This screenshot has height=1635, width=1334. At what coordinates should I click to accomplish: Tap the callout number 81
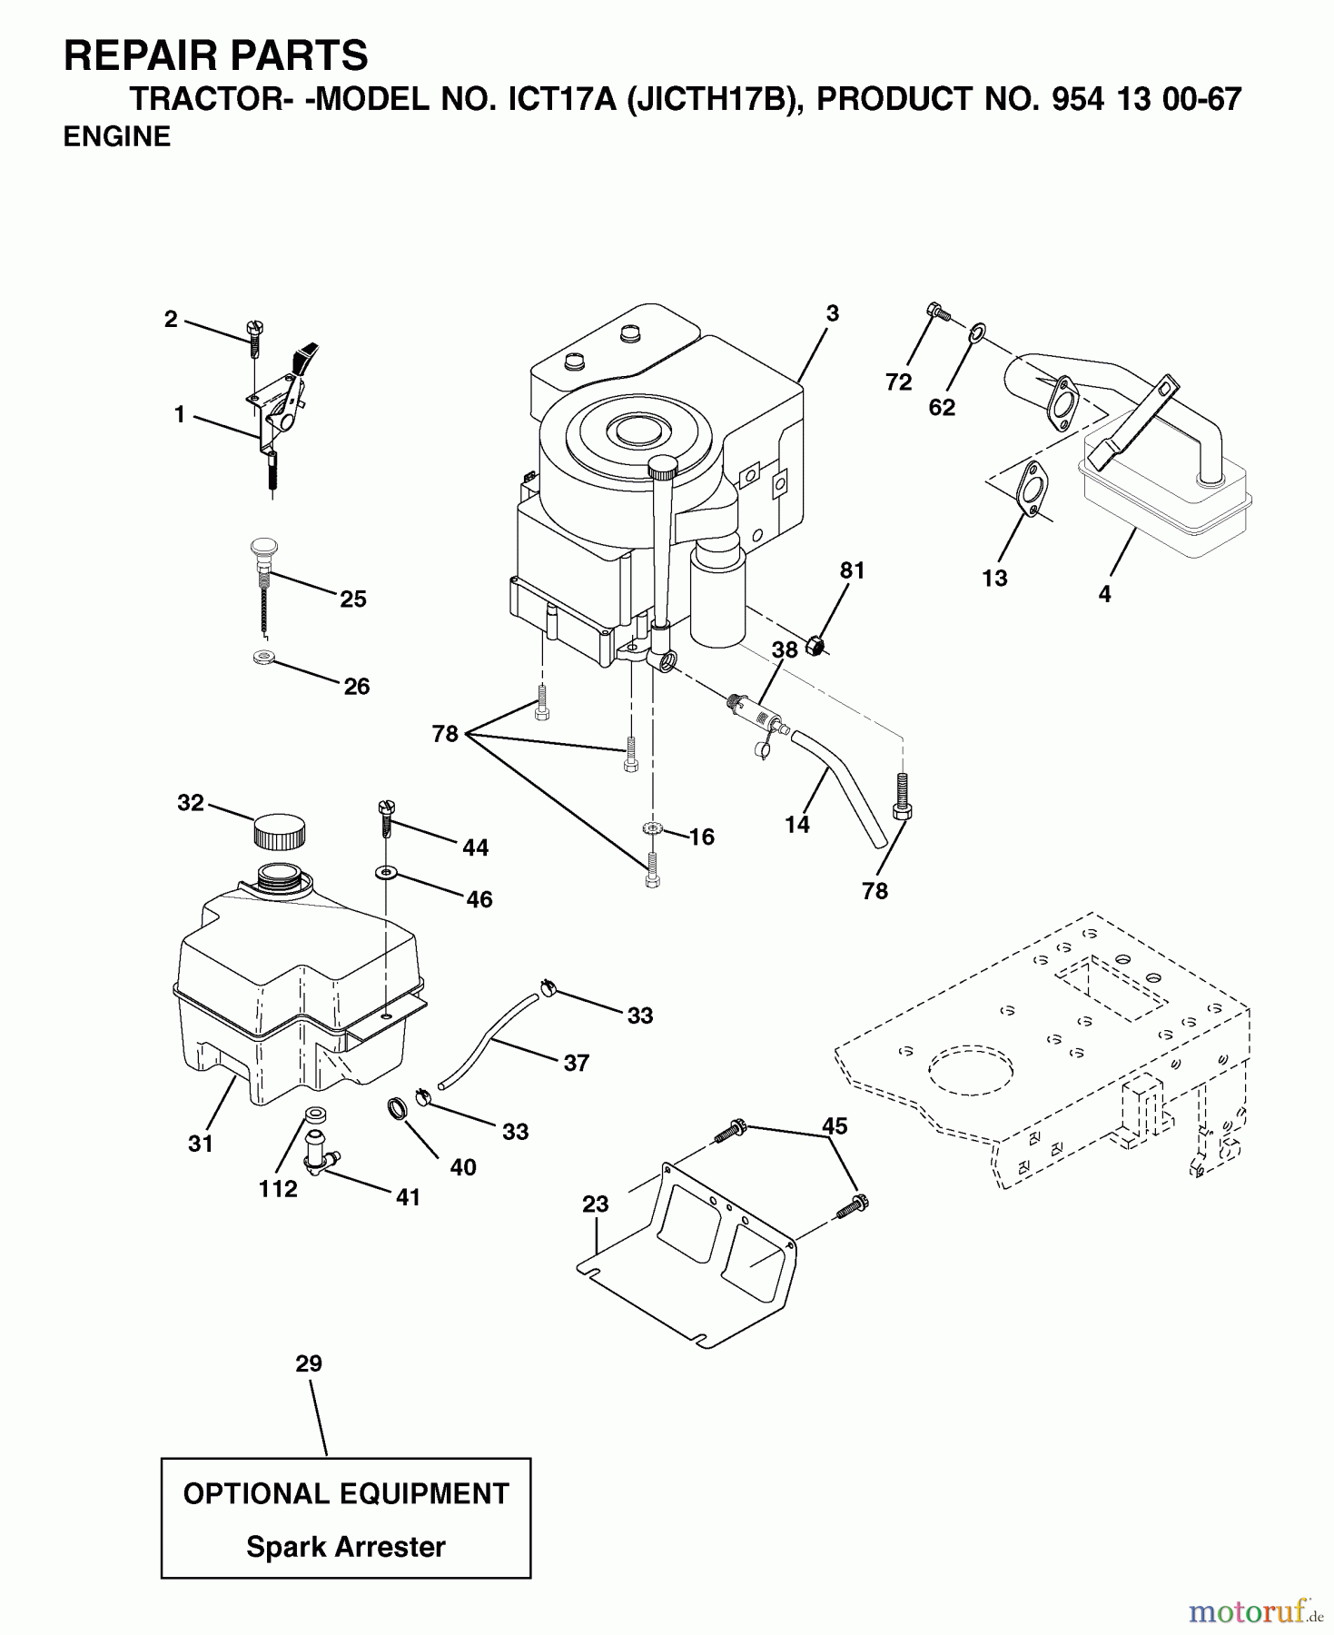point(852,570)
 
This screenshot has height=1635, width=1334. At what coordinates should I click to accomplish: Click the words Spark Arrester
point(345,1546)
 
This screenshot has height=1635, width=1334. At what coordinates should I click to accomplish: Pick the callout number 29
point(309,1363)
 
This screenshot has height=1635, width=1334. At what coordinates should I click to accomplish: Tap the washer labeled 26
point(263,657)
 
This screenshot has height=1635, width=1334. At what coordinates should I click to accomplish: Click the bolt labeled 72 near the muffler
point(938,312)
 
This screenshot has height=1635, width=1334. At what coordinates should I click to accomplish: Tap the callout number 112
point(278,1189)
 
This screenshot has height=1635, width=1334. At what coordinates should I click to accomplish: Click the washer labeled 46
point(387,872)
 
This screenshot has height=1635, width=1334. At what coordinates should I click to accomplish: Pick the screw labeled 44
point(386,817)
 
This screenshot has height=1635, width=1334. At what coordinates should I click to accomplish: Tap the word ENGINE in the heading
point(117,136)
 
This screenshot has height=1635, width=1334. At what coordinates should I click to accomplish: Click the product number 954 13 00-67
point(1145,98)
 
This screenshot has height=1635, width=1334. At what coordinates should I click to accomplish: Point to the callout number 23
point(596,1204)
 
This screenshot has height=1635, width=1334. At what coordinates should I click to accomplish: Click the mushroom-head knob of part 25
point(262,549)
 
